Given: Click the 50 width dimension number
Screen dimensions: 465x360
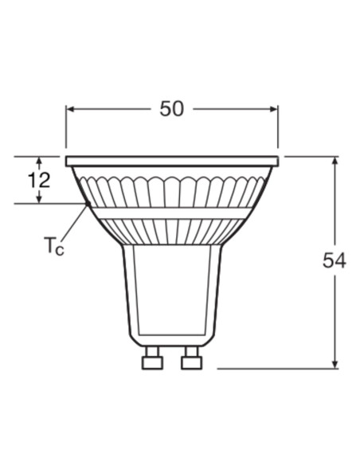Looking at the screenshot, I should (x=171, y=109).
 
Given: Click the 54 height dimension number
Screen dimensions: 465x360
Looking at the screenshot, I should (x=335, y=260).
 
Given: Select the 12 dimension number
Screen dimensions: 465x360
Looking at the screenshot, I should (x=38, y=180).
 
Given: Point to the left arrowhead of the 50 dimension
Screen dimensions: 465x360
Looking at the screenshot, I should (x=70, y=109).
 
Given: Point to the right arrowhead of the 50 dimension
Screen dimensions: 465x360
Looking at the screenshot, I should (x=273, y=109).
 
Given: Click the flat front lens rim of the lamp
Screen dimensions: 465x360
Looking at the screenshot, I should (x=172, y=161).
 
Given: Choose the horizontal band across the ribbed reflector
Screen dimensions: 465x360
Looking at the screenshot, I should (x=171, y=213).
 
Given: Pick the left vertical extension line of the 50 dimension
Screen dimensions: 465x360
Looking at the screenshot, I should (x=66, y=127).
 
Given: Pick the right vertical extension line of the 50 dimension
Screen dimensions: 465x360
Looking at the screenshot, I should (x=278, y=127).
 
